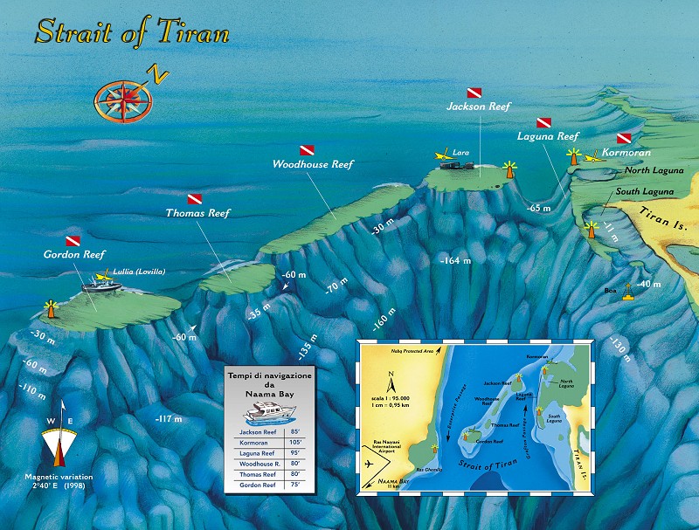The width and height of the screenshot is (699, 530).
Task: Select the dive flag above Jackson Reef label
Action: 474,92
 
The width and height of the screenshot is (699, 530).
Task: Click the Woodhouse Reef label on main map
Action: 312,164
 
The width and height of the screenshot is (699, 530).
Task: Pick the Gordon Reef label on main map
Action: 73,254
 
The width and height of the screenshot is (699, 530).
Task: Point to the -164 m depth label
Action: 456,260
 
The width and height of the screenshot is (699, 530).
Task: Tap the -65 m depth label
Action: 539,208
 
